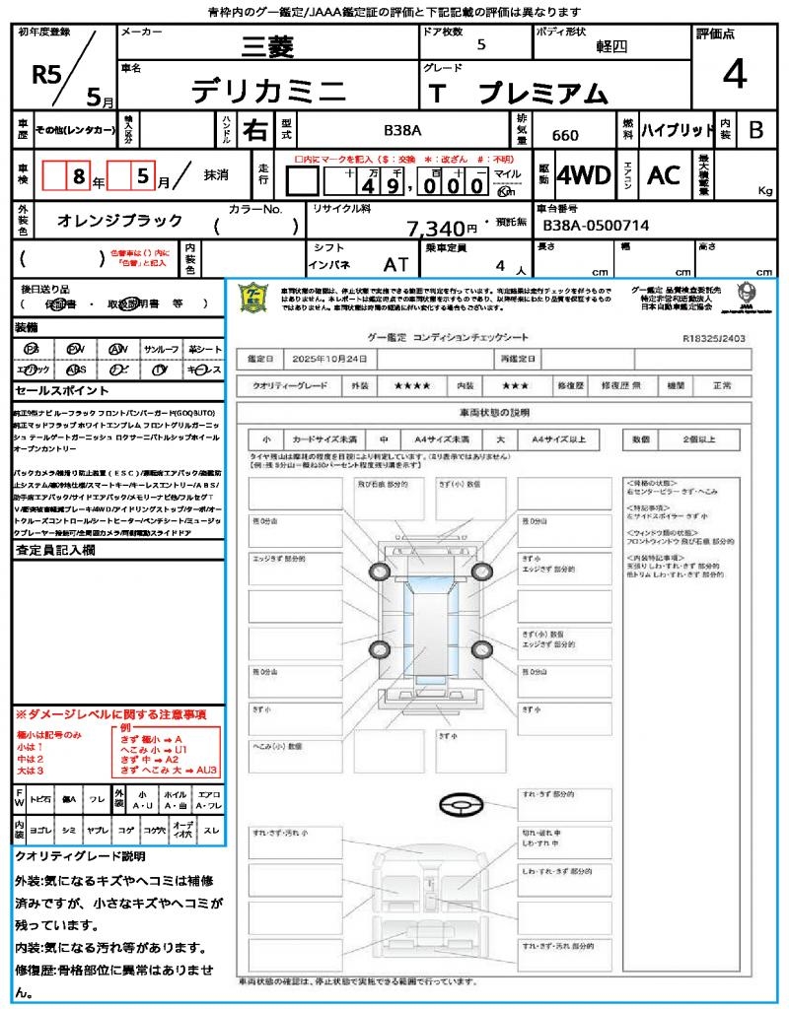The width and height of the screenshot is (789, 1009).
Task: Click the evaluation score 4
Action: click(734, 75)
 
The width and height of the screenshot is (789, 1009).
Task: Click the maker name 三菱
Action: click(268, 46)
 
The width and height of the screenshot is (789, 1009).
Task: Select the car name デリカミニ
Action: click(268, 93)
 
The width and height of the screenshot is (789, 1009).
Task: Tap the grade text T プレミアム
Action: click(518, 94)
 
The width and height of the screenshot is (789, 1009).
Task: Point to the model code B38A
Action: click(402, 130)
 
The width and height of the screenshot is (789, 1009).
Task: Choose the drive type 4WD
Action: click(584, 175)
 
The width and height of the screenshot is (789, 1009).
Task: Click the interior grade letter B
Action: click(755, 130)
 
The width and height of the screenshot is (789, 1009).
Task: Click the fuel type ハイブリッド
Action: click(678, 130)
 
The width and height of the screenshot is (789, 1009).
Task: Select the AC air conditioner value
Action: click(664, 175)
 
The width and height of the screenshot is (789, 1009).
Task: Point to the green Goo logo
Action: click(254, 297)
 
